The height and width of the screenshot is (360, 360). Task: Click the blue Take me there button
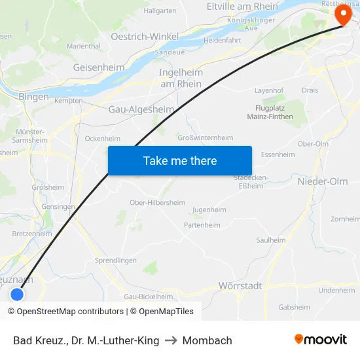tap(179, 160)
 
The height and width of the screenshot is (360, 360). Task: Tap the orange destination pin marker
tap(342, 14)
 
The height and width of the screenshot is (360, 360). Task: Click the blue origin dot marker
tap(17, 295)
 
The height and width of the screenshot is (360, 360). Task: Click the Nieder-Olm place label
tap(323, 181)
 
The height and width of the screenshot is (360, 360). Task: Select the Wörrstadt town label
tap(240, 286)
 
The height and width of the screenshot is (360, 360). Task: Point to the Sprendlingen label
tap(116, 260)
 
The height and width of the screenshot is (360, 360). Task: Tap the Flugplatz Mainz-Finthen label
tap(270, 113)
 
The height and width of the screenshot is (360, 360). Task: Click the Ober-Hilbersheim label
tap(157, 202)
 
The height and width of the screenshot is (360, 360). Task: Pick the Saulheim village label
tap(271, 240)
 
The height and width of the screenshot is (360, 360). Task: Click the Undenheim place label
tap(336, 291)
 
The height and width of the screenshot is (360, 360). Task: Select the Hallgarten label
tap(160, 11)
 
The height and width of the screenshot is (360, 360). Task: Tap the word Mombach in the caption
tap(207, 340)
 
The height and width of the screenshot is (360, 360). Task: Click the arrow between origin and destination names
tap(170, 340)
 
